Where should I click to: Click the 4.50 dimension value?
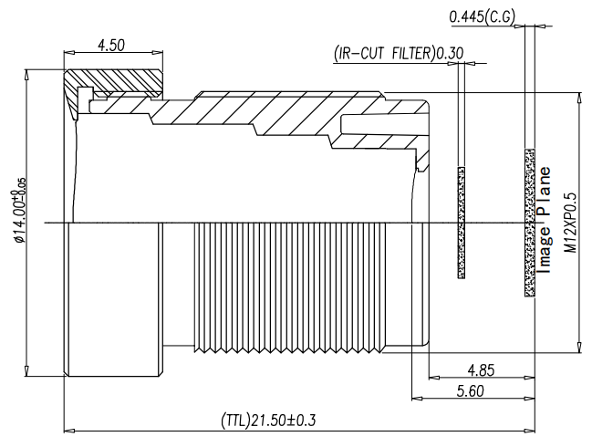pyautogui.click(x=111, y=46)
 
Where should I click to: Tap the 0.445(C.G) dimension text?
pyautogui.click(x=483, y=16)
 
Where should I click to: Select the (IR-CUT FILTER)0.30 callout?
pyautogui.click(x=399, y=53)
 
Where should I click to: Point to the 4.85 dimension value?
pyautogui.click(x=481, y=370)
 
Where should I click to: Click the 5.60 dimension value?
pyautogui.click(x=470, y=391)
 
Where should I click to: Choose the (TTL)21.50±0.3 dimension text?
pyautogui.click(x=268, y=420)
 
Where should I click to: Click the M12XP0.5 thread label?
pyautogui.click(x=570, y=223)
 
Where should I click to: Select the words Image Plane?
pyautogui.click(x=544, y=220)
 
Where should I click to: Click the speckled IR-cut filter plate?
pyautogui.click(x=461, y=222)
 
